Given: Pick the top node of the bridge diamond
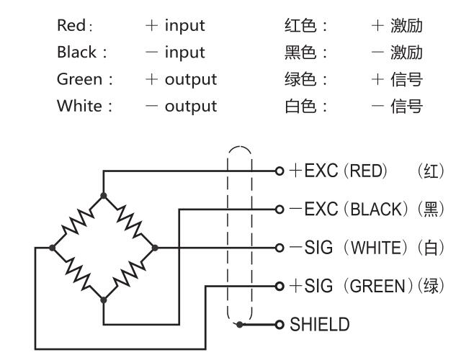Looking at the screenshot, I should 104,195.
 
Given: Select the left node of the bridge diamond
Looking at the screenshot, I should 52,247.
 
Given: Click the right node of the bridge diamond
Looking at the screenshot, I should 156,247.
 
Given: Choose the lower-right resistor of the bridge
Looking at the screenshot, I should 130,273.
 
